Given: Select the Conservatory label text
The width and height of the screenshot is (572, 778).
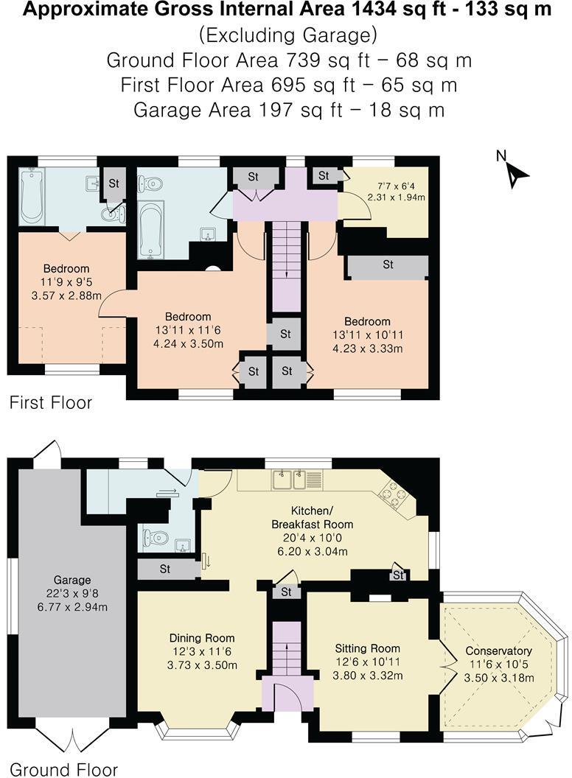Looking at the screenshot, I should [498, 664].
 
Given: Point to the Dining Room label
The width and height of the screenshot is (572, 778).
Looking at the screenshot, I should [202, 651].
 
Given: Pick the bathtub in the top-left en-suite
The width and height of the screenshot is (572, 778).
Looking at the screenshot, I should [32, 195].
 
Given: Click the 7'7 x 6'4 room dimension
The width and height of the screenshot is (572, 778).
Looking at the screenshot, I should [396, 192].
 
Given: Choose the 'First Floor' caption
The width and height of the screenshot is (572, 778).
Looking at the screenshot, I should [51, 403].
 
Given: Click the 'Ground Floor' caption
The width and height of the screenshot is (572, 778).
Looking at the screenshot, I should [63, 770].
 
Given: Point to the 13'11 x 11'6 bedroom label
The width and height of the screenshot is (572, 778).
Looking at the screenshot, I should [187, 330].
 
